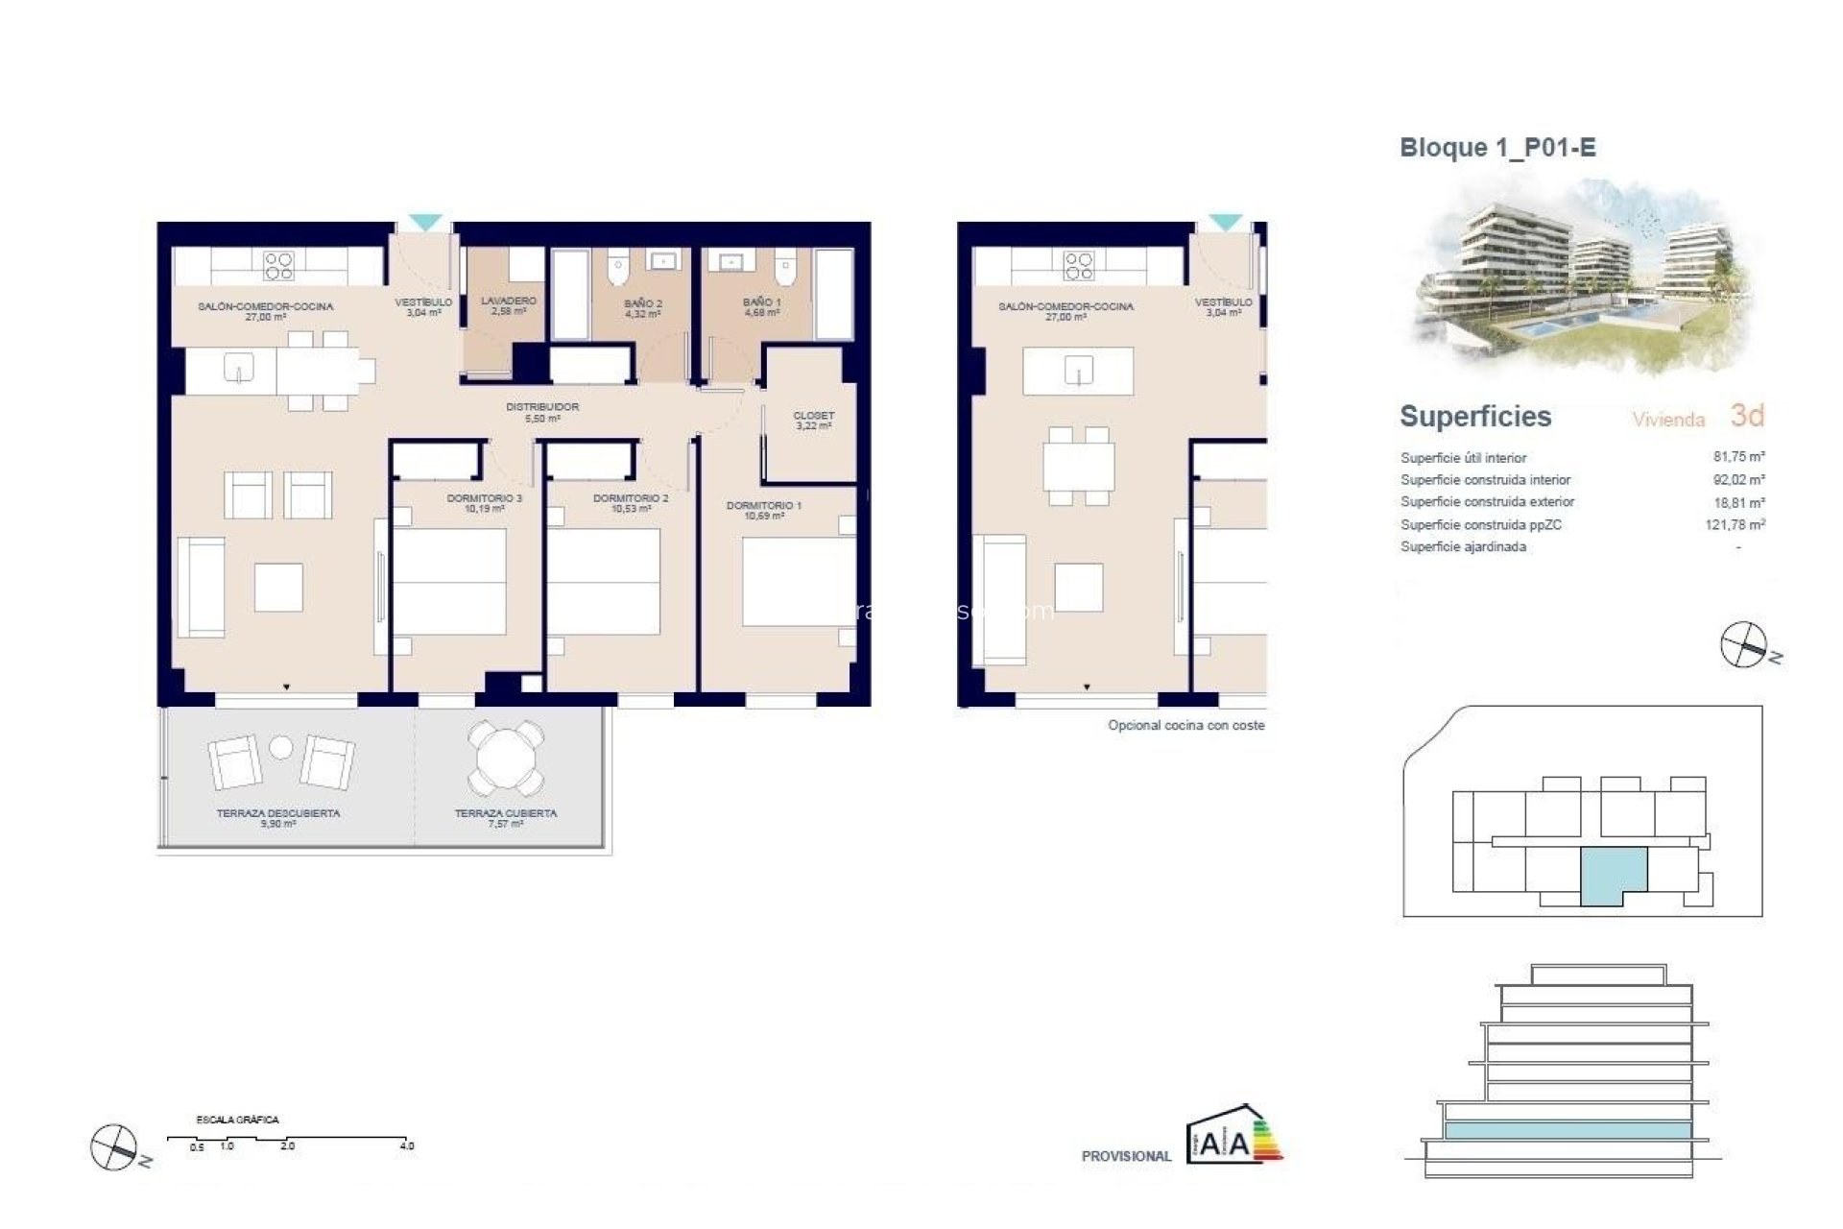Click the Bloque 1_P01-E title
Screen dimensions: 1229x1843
click(1497, 148)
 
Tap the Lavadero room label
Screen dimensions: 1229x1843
click(509, 305)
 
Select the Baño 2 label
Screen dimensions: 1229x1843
click(642, 308)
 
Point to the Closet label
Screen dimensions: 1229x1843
click(813, 421)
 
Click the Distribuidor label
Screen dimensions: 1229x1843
click(542, 412)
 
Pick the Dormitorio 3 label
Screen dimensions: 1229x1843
click(485, 503)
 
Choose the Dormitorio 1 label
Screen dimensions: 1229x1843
click(764, 510)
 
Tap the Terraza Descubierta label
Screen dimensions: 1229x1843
click(278, 817)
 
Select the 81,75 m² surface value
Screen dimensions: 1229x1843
click(1738, 457)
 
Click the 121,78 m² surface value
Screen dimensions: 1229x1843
click(1735, 524)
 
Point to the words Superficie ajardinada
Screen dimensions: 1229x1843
click(1463, 547)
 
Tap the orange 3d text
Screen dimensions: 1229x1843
click(1747, 416)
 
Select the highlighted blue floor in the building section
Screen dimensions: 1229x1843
click(1567, 1131)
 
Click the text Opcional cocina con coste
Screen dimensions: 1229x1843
click(1185, 726)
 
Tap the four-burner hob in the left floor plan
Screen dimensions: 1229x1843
click(278, 265)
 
